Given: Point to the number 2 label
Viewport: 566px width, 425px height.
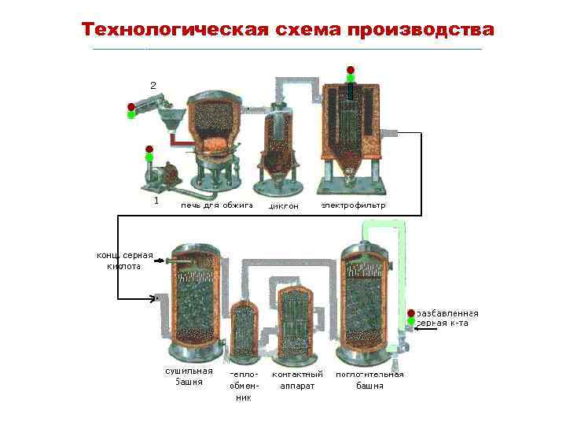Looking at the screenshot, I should point(153,84).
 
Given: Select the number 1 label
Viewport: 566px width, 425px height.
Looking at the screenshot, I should point(156,201).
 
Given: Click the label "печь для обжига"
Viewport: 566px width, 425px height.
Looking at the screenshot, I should point(217,205).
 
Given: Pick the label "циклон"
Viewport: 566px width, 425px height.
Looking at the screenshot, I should point(284,206).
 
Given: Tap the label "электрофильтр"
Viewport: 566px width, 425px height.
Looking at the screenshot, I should point(353,205).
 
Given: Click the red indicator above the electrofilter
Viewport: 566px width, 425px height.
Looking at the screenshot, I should point(350,69).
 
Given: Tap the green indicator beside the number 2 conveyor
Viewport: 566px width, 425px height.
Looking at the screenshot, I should point(131,115).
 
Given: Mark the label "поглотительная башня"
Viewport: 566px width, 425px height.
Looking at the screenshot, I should point(369,380).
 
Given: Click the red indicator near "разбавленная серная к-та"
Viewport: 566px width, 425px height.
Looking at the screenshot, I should point(410,313).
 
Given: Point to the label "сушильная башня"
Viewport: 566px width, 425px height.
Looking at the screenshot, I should point(189,376).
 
